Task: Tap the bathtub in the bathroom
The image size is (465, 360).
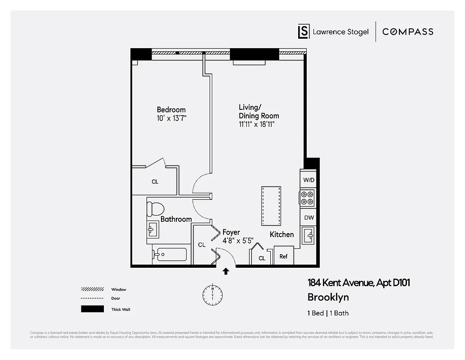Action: click(170, 255)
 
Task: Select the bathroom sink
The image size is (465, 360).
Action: click(152, 230)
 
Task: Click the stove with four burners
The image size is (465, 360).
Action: click(307, 198)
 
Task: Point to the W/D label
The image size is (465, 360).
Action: click(309, 180)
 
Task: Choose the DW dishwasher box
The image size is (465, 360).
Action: click(309, 218)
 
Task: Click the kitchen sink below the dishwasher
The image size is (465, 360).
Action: click(308, 235)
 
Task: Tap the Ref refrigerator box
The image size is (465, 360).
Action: click(284, 256)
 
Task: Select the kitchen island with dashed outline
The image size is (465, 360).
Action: click(271, 206)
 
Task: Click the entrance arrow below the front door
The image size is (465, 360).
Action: click(226, 271)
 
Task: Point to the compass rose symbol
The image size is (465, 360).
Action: click(212, 295)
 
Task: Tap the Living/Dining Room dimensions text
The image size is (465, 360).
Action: click(256, 124)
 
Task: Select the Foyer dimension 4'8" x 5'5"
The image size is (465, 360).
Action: click(238, 240)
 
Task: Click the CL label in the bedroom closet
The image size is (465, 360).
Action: click(155, 182)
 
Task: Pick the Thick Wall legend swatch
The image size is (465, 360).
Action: click(92, 309)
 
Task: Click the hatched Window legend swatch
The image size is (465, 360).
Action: click(92, 289)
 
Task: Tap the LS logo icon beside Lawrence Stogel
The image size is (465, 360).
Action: click(304, 31)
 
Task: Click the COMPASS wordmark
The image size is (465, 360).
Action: click(407, 31)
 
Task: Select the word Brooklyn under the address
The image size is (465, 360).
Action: click(328, 297)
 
